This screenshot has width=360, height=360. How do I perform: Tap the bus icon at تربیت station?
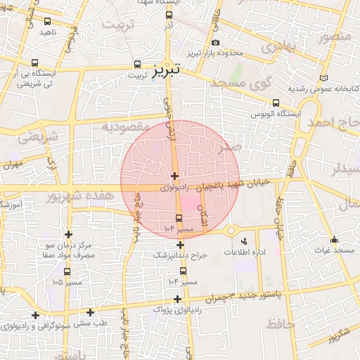pos(136,63)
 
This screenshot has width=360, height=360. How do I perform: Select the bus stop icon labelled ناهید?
pos(47,22)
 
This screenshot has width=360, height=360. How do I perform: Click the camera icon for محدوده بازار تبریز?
pos(215,42)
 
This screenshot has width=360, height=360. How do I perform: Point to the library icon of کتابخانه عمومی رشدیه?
pos(323,78)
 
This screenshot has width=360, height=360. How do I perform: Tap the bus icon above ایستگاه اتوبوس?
pos(275,101)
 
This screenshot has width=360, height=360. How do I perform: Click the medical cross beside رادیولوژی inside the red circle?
pos(174,175)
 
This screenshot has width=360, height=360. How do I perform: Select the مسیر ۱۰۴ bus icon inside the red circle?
pos(179,218)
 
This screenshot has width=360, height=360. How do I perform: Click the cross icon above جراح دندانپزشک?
pos(181,245)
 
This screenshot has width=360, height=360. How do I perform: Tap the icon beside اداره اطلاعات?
pos(244,241)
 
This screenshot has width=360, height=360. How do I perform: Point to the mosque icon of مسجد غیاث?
pos(333,239)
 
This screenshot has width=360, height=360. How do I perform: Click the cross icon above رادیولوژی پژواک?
pos(177,299)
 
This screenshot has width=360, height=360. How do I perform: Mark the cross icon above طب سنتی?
pos(90,312)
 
